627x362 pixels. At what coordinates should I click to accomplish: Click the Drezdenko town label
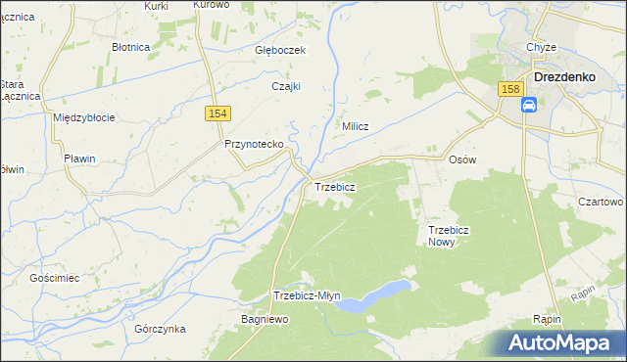(573, 76)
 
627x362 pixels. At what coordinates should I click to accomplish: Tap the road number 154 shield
(217, 114)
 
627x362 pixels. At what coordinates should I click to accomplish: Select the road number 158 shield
(508, 89)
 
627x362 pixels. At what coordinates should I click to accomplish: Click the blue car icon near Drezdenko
(529, 106)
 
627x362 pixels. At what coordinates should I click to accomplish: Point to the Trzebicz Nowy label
(451, 236)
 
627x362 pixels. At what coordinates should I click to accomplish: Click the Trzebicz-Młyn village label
(307, 296)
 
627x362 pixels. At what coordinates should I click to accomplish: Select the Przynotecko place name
(254, 144)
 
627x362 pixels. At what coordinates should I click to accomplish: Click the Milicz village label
(355, 126)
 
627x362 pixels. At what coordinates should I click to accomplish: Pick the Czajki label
(285, 86)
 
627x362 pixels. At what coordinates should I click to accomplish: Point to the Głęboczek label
(281, 51)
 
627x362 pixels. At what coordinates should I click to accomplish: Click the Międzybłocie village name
(83, 117)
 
